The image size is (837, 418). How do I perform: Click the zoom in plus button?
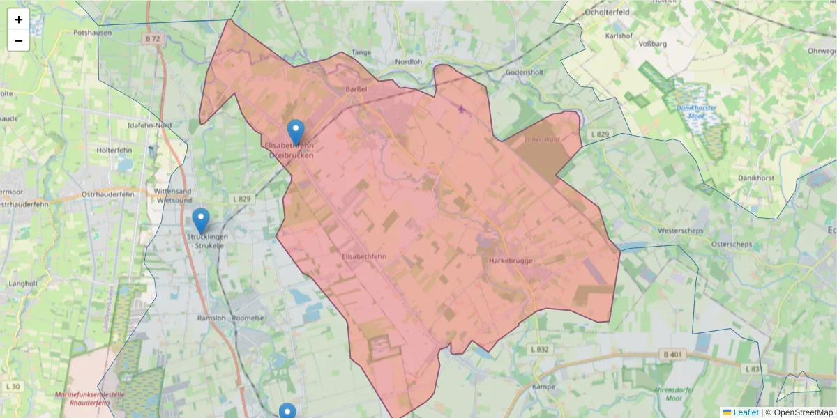tap(19, 20)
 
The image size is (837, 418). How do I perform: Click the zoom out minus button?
tap(19, 40)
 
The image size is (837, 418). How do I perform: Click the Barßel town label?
tap(356, 89)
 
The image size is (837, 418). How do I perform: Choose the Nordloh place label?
tap(409, 61)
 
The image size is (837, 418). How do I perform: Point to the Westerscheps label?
tap(681, 231)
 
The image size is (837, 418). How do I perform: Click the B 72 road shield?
tap(153, 39)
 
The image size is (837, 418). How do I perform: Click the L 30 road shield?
tap(13, 387)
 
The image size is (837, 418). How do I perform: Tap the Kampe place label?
tap(543, 387)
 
